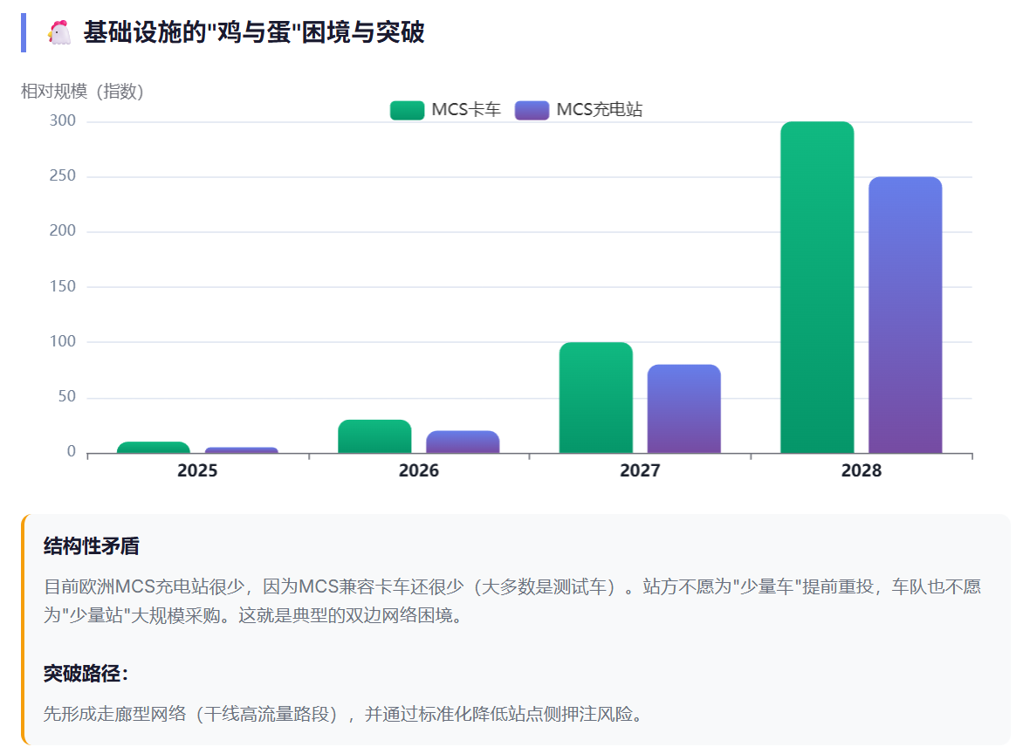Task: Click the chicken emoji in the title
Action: tap(59, 33)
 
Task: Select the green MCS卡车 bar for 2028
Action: tap(817, 288)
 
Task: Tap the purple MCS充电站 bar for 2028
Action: tap(905, 315)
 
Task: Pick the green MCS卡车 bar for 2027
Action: tap(596, 398)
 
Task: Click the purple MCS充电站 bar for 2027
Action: tap(683, 408)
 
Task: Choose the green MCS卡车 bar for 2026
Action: tap(374, 436)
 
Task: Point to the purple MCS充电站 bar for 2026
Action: tap(463, 442)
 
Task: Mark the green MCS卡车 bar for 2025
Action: tap(154, 448)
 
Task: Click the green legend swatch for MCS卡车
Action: tap(407, 110)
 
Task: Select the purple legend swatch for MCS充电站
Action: tap(532, 110)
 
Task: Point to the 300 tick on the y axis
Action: tap(63, 121)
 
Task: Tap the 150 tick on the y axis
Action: tap(63, 287)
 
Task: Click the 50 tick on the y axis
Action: tap(66, 397)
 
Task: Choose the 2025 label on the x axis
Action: tap(197, 471)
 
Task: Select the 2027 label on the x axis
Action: tap(640, 471)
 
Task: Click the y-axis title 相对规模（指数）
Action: tap(82, 91)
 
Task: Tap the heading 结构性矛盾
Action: tap(91, 546)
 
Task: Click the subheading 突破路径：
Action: tap(86, 674)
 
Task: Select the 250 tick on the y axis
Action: tap(63, 176)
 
